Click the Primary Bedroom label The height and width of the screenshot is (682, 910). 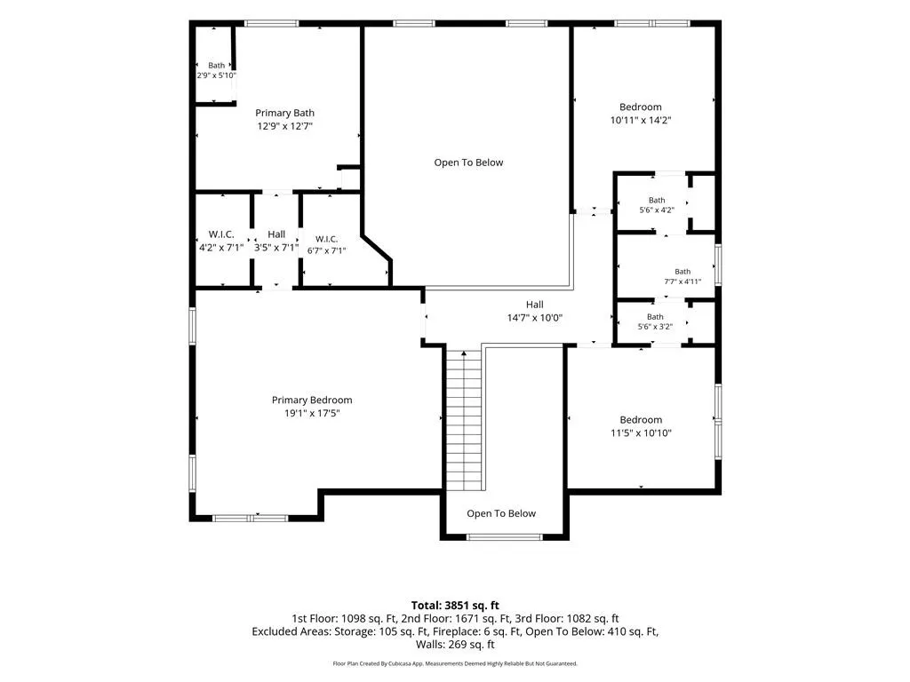click(x=312, y=400)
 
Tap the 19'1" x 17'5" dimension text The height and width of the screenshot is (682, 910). click(x=312, y=414)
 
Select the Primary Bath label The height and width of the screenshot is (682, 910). click(x=284, y=113)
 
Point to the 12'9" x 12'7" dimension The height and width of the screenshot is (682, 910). click(x=284, y=126)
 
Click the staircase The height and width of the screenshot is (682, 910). click(x=464, y=419)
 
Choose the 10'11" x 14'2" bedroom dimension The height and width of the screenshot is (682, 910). click(x=641, y=120)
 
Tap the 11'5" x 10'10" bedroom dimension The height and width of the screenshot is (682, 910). click(x=641, y=432)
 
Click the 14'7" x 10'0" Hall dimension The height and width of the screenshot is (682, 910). click(x=534, y=318)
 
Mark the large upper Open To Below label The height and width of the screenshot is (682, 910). click(x=468, y=163)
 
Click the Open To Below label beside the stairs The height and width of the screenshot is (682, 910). click(x=501, y=513)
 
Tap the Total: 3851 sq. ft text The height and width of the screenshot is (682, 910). click(x=455, y=606)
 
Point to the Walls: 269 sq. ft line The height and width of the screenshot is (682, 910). click(x=455, y=645)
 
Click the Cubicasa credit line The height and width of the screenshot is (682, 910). click(x=455, y=663)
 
